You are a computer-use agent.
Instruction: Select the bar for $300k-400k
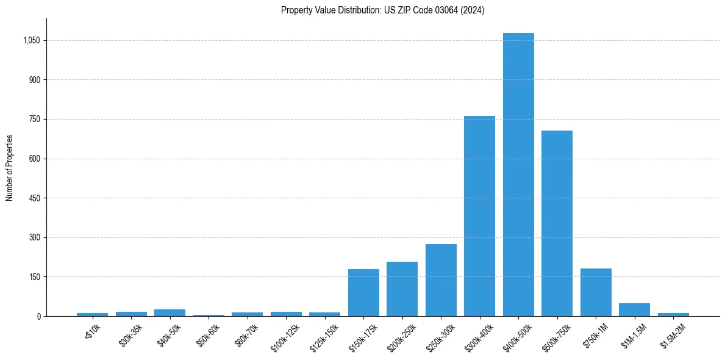[479, 216]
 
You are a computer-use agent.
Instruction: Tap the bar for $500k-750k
[557, 223]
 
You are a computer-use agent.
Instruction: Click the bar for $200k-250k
[402, 289]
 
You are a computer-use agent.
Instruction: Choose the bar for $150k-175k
[363, 292]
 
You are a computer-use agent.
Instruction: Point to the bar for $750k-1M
[596, 292]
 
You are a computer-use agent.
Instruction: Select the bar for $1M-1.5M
[634, 309]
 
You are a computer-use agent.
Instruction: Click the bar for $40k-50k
[170, 312]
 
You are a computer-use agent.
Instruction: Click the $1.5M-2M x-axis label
[672, 336]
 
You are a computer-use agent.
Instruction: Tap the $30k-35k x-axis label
[130, 336]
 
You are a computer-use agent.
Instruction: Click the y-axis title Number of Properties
[9, 168]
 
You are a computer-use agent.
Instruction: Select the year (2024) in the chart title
[473, 10]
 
